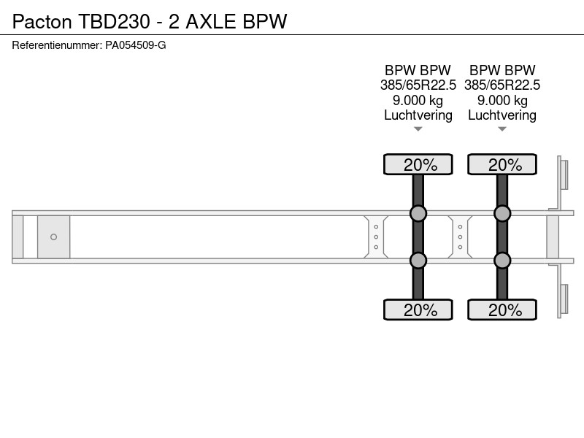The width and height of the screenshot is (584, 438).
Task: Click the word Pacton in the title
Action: click(x=42, y=21)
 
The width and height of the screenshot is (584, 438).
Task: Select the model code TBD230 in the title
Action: click(x=114, y=21)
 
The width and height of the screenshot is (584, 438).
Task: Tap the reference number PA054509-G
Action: click(x=136, y=45)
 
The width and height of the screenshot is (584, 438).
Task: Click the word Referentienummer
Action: click(x=56, y=45)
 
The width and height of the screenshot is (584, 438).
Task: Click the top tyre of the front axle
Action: click(x=418, y=164)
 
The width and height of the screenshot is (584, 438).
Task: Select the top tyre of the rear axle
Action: click(x=502, y=164)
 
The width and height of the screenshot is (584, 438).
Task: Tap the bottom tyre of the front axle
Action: click(x=418, y=310)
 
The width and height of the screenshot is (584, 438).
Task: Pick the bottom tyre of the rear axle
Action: click(x=502, y=310)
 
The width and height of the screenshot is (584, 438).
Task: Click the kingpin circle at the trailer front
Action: click(x=53, y=237)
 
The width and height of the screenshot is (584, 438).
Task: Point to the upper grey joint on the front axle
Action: click(x=418, y=213)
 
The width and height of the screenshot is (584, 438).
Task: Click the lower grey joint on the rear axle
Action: click(x=502, y=261)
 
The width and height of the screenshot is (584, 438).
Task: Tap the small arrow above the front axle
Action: click(x=418, y=129)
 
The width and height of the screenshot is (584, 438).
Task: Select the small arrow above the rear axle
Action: click(x=502, y=129)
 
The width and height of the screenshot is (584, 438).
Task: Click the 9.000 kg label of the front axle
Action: click(x=418, y=101)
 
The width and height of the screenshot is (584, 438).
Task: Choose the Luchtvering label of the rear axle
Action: click(x=502, y=115)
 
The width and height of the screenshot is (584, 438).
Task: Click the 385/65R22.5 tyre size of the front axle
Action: click(x=418, y=85)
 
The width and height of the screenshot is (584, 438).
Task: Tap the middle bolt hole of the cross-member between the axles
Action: click(x=461, y=237)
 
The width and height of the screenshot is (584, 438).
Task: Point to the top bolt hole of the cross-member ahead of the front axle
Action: click(x=376, y=227)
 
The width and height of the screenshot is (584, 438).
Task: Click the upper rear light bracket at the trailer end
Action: click(x=562, y=174)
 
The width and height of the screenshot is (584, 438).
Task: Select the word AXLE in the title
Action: click(x=211, y=21)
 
